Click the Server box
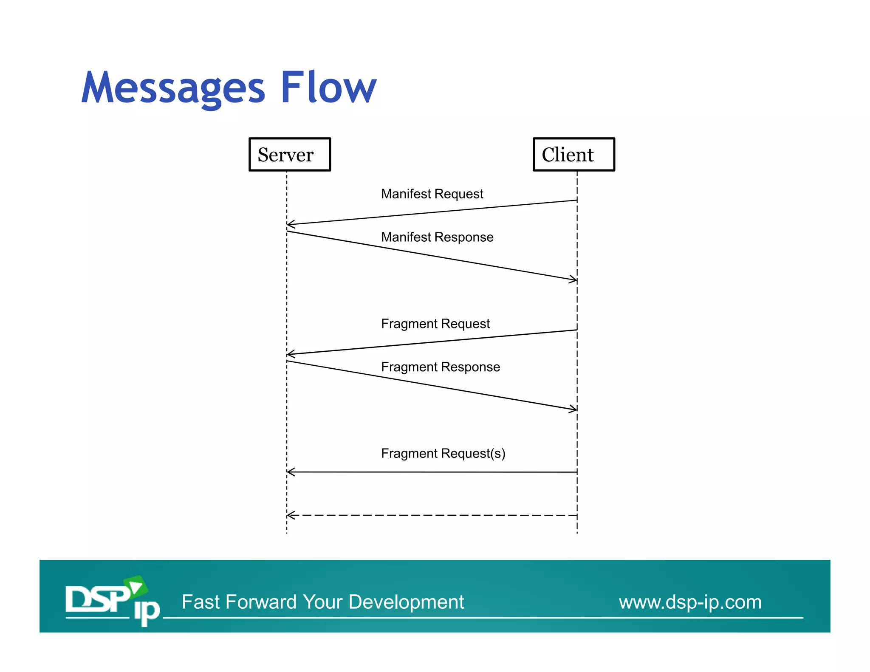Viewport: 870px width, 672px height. (289, 154)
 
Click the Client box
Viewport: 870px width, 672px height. (573, 154)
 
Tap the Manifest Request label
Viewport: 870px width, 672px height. (432, 194)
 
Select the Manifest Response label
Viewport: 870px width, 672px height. (437, 237)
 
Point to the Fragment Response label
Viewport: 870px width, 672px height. (440, 367)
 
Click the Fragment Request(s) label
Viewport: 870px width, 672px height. (443, 453)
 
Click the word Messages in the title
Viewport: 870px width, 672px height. (173, 88)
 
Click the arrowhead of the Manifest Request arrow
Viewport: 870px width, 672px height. (290, 224)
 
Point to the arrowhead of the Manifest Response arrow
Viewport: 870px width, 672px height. (574, 279)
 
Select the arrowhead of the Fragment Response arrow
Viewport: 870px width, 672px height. (574, 409)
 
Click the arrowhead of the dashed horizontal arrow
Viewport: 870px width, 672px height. (290, 515)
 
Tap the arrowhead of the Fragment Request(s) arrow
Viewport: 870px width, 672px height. (290, 472)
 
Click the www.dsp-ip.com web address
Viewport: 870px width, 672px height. (690, 602)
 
